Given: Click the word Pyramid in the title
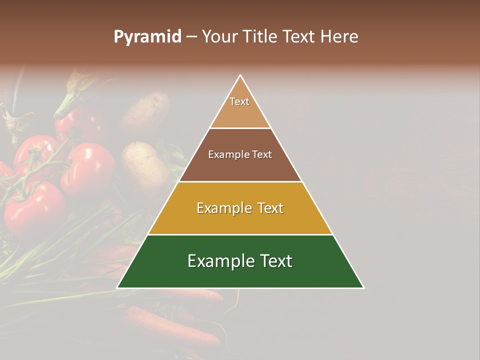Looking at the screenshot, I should click(147, 37).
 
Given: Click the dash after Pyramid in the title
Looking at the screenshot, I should click(191, 37).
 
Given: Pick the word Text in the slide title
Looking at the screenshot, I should click(301, 37).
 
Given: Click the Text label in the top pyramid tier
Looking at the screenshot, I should click(239, 101).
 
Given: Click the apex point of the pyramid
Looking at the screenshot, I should click(240, 75).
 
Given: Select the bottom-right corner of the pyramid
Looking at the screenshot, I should click(363, 287).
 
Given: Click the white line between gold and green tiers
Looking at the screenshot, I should click(240, 234).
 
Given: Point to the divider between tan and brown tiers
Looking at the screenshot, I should click(240, 128).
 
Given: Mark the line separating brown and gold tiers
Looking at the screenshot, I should click(240, 181).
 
